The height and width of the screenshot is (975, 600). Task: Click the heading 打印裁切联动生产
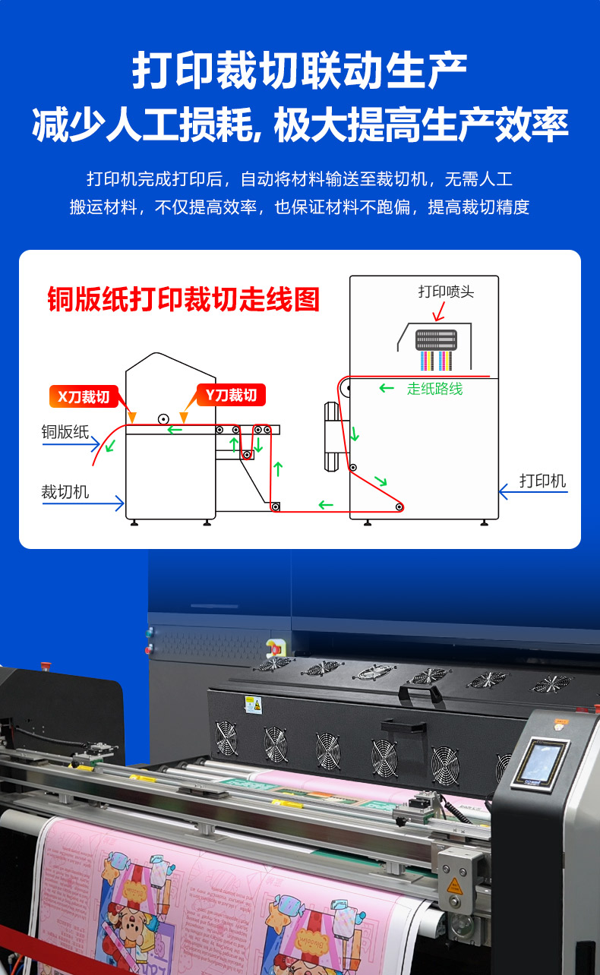[x=299, y=72]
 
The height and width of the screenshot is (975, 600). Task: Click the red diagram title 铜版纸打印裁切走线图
[x=183, y=299]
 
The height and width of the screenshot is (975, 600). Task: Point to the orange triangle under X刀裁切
[x=132, y=418]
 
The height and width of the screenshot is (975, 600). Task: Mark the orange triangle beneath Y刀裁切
[x=183, y=418]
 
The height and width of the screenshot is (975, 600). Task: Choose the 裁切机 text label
[x=65, y=491]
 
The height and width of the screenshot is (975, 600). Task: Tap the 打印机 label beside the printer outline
[x=542, y=481]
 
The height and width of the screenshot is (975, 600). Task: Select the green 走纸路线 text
[x=434, y=389]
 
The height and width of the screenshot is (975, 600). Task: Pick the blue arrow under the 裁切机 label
[x=83, y=502]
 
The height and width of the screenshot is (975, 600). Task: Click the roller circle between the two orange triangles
[x=163, y=418]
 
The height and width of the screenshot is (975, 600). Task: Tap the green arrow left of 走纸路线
[x=387, y=389]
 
